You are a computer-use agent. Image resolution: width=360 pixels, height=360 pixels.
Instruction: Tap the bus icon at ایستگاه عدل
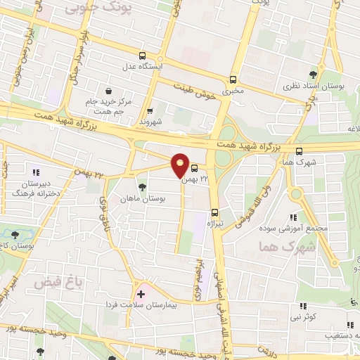tap(143, 56)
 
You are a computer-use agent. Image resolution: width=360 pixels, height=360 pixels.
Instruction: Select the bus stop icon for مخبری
tap(233, 79)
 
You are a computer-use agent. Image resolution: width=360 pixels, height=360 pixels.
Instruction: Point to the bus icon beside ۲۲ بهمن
tap(194, 168)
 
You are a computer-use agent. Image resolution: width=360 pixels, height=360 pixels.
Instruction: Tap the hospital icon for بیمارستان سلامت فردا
tap(141, 294)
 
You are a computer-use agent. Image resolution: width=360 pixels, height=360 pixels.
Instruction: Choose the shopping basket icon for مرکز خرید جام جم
tap(108, 91)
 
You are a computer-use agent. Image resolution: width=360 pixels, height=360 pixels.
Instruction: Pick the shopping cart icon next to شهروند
tap(150, 110)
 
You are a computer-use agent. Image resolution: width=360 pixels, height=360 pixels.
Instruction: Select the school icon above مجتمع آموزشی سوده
tap(293, 217)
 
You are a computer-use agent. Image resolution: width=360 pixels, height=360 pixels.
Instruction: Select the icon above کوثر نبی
tap(304, 306)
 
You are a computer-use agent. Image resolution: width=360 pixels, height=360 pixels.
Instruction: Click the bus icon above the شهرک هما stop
tap(300, 150)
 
